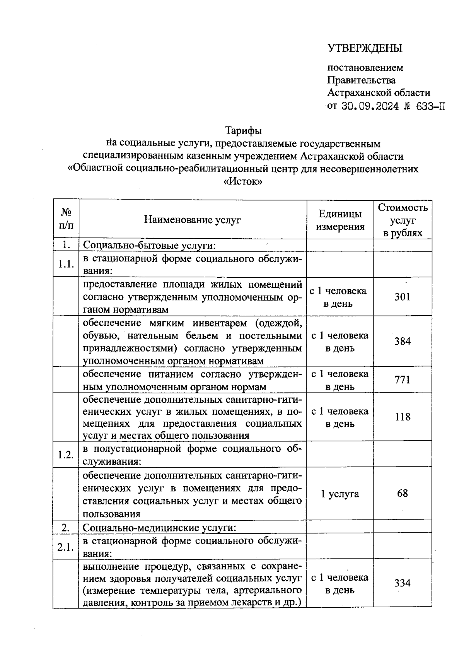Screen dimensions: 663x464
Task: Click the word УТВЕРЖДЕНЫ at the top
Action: click(365, 48)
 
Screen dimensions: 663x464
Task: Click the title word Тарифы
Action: click(244, 130)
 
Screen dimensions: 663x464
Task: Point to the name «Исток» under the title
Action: click(243, 181)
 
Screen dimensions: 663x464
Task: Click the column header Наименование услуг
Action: click(192, 220)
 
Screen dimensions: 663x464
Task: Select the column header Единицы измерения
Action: click(340, 220)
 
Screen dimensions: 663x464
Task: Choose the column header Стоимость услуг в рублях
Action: click(403, 220)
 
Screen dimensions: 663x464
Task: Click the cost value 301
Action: click(402, 297)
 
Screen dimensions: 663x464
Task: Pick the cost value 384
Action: click(402, 341)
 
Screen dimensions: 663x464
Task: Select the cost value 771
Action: click(402, 380)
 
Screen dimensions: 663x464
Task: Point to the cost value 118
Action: click(402, 417)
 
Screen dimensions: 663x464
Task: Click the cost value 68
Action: click(402, 494)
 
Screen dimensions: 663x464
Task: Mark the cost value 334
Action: click(402, 583)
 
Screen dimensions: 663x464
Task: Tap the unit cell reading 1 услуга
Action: click(340, 494)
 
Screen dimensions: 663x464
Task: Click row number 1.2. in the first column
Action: click(66, 455)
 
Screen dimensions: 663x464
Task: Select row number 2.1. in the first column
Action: click(66, 547)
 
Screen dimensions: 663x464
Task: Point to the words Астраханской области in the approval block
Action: click(379, 93)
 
